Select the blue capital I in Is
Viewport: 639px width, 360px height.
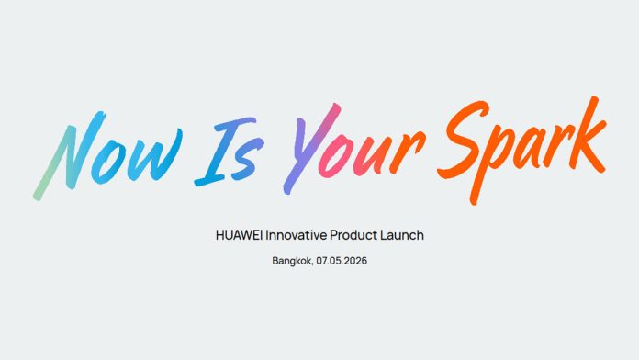(219, 147)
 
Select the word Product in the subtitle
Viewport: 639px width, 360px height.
(355, 235)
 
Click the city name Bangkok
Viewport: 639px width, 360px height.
(292, 262)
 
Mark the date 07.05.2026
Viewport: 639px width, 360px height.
(342, 262)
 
